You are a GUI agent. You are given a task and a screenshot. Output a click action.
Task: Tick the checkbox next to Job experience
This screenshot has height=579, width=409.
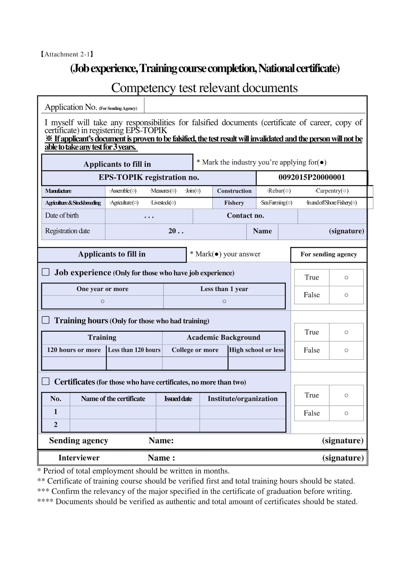pos(46,272)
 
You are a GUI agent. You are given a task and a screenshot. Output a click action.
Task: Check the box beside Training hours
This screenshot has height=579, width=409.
pos(46,320)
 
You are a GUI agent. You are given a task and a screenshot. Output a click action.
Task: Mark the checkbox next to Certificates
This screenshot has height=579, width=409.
pos(46,381)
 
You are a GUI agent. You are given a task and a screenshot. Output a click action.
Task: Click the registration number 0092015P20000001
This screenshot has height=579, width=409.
pos(311,177)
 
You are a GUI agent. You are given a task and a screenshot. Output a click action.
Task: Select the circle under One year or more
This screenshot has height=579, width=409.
pos(102,301)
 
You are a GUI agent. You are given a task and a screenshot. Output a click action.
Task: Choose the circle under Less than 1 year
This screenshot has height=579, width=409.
pos(224,301)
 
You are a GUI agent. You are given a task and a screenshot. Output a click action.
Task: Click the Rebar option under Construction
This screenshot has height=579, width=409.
pos(279,191)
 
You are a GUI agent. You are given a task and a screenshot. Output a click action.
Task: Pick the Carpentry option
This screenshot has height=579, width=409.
pos(332,191)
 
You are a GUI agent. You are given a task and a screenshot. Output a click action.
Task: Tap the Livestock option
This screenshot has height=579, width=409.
pos(163,203)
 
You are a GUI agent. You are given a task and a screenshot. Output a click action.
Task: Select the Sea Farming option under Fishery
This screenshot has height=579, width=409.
pos(276,203)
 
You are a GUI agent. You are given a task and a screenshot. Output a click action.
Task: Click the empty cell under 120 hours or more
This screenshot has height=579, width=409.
pos(74,363)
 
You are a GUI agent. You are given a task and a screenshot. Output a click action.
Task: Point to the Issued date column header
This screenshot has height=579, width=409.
pos(178,399)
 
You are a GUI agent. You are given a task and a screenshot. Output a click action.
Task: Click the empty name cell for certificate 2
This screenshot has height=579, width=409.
pos(113,425)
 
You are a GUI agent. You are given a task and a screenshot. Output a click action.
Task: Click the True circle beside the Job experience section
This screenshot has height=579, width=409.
pos(346,278)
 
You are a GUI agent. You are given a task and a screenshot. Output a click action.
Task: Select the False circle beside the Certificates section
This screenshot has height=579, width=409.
pos(346,413)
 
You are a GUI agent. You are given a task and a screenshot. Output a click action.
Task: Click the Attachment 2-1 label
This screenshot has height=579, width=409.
pos(67,54)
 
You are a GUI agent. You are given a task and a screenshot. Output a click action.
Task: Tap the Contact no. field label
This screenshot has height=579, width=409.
pos(245,216)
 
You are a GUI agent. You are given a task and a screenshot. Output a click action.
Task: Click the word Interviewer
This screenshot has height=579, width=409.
pos(79,458)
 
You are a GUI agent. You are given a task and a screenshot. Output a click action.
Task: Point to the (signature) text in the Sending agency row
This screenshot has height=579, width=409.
pos(342,441)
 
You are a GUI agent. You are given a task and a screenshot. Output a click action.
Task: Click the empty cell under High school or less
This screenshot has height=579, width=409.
pos(256,363)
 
